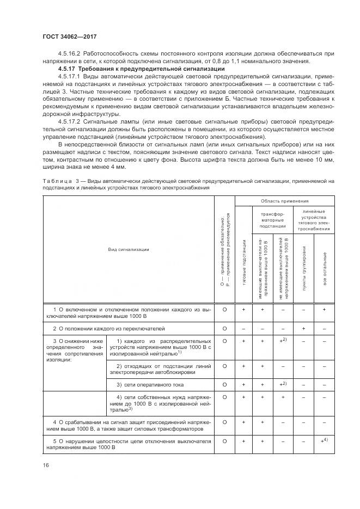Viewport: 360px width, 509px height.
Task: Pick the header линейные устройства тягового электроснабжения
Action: (x=314, y=219)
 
